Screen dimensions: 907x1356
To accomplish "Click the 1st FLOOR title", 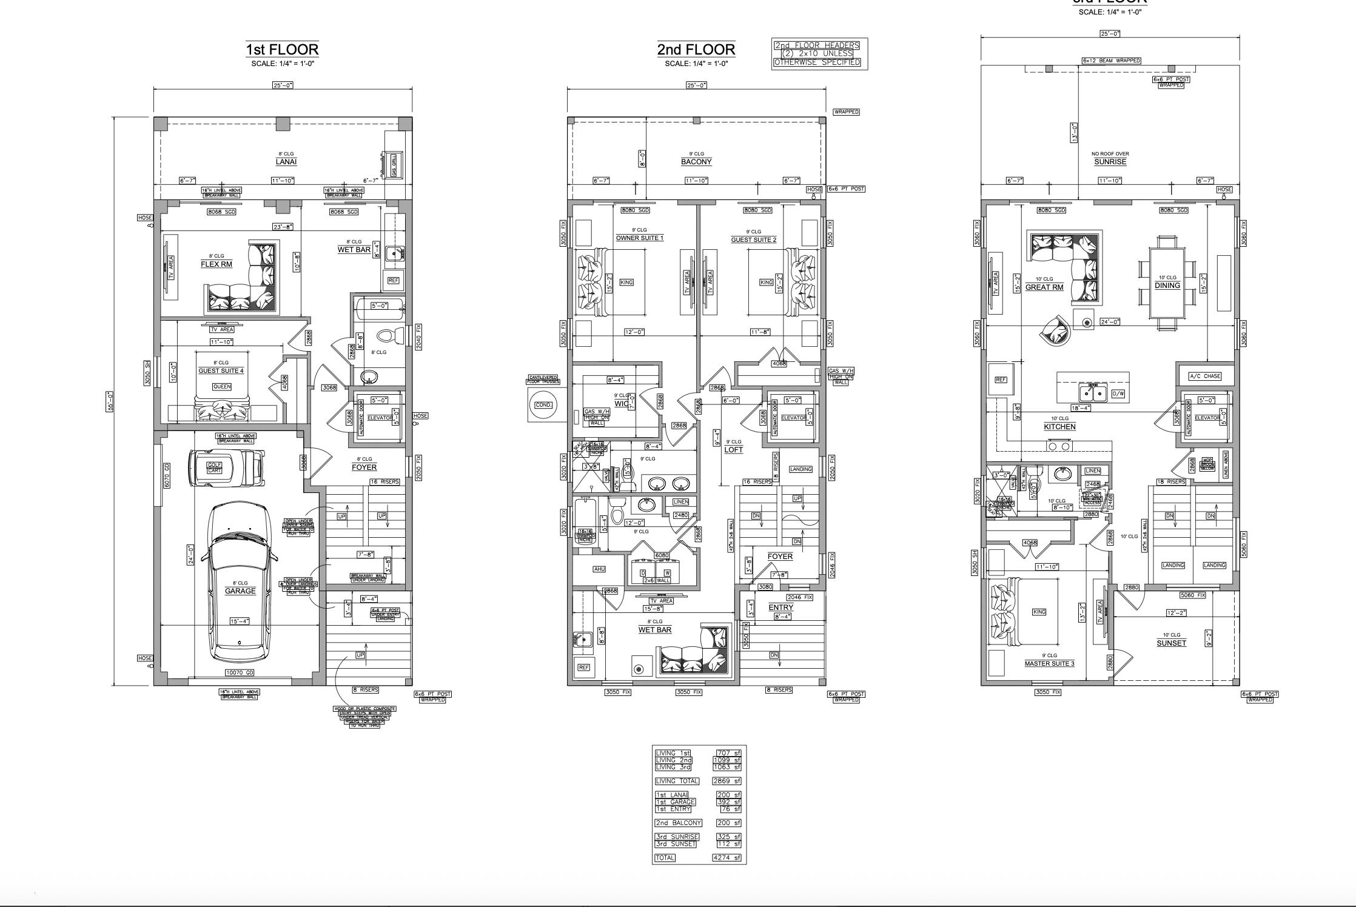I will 282,49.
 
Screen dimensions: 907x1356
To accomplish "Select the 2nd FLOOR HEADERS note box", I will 819,54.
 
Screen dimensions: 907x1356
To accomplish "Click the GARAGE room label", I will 240,591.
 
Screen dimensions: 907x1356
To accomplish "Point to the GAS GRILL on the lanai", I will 394,164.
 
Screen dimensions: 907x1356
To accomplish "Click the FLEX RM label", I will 216,264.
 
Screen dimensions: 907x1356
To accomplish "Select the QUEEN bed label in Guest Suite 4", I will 222,387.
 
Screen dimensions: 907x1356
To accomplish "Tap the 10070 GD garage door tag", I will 240,672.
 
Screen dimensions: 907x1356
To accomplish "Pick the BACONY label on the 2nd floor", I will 696,162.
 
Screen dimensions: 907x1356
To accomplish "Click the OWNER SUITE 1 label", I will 639,238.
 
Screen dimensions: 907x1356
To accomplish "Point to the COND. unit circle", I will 544,404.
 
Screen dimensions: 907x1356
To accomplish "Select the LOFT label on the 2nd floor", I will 733,450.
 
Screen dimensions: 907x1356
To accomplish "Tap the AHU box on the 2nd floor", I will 599,569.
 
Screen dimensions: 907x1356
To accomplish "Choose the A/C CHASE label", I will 1205,377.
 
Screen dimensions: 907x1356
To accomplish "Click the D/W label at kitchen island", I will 1118,393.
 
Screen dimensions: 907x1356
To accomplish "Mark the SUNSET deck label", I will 1171,643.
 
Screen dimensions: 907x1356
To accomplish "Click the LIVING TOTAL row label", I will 677,781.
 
